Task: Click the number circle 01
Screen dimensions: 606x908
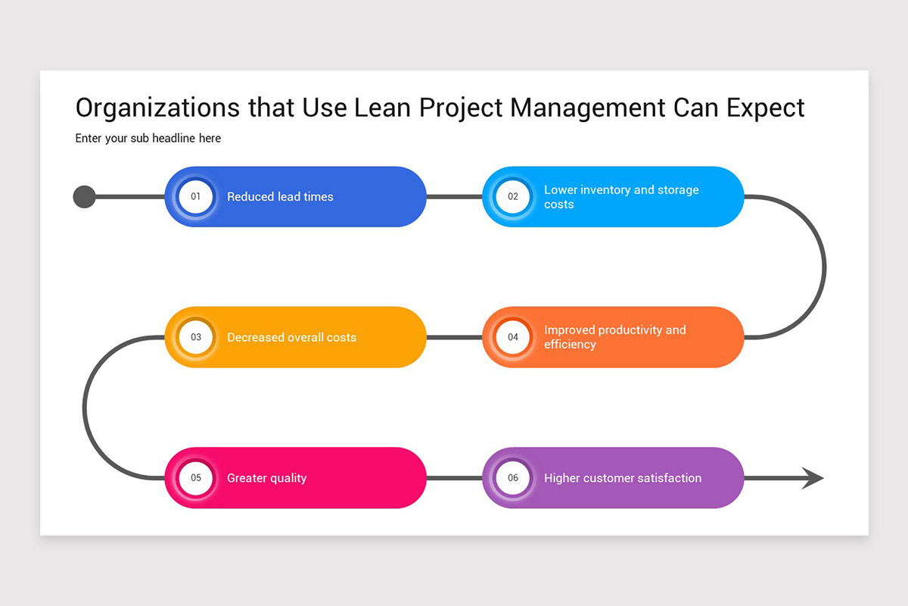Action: (x=196, y=197)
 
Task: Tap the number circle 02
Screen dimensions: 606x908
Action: (x=513, y=197)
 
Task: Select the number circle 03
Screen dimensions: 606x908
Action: (x=196, y=337)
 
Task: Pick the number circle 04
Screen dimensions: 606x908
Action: (x=513, y=337)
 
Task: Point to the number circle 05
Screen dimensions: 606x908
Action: (x=196, y=478)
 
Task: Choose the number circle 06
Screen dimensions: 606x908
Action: (x=513, y=478)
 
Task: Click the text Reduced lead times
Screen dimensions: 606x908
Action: (x=280, y=197)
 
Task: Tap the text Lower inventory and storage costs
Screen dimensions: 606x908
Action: (x=620, y=197)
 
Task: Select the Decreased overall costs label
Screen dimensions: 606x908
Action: (x=291, y=337)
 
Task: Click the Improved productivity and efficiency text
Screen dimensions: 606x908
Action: (x=614, y=337)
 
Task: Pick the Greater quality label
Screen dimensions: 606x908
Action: (x=266, y=478)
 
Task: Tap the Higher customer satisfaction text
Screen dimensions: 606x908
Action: (x=622, y=478)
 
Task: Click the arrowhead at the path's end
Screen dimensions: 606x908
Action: (x=813, y=478)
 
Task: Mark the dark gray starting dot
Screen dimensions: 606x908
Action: (x=84, y=197)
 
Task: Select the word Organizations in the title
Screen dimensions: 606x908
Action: (x=157, y=108)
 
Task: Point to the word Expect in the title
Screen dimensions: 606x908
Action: (x=765, y=108)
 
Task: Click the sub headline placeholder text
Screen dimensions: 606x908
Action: (x=148, y=138)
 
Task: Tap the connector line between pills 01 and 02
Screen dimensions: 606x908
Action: (x=454, y=197)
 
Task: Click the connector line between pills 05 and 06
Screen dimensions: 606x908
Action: (x=454, y=478)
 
